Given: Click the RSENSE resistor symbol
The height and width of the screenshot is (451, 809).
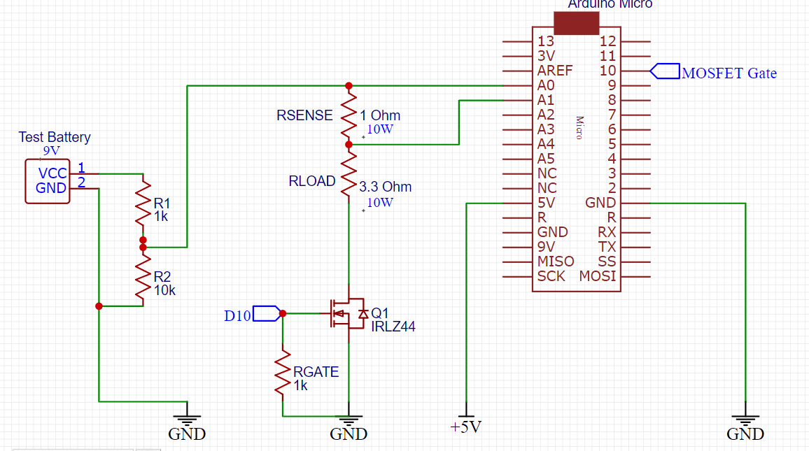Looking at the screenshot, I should pos(349,115).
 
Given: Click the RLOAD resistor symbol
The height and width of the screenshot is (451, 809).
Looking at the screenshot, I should pos(349,175).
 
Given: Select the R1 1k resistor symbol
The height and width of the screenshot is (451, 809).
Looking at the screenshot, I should pos(143,203).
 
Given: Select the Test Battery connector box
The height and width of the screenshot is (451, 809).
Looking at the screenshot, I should pos(48,181).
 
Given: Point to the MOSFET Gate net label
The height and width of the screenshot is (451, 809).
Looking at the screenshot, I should pos(729,73).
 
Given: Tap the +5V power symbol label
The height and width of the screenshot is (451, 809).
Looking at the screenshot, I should pos(466,427).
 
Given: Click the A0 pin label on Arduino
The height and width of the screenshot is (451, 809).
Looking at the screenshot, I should pos(546,85).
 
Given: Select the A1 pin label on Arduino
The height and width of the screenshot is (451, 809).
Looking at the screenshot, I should pos(546,100).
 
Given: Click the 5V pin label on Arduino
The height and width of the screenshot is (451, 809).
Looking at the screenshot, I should pos(546,203).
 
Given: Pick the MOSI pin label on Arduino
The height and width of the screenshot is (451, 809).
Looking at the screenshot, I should pos(598,276).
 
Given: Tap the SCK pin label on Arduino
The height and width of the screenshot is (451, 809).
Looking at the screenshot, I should pos(551,276).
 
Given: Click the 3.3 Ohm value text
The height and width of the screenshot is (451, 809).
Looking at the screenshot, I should pos(385,187).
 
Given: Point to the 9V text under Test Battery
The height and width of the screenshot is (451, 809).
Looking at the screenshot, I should pos(52,150).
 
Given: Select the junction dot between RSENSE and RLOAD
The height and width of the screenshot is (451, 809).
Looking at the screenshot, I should pos(349,145).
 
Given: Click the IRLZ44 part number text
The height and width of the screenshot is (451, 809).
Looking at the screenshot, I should pos(393,326).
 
